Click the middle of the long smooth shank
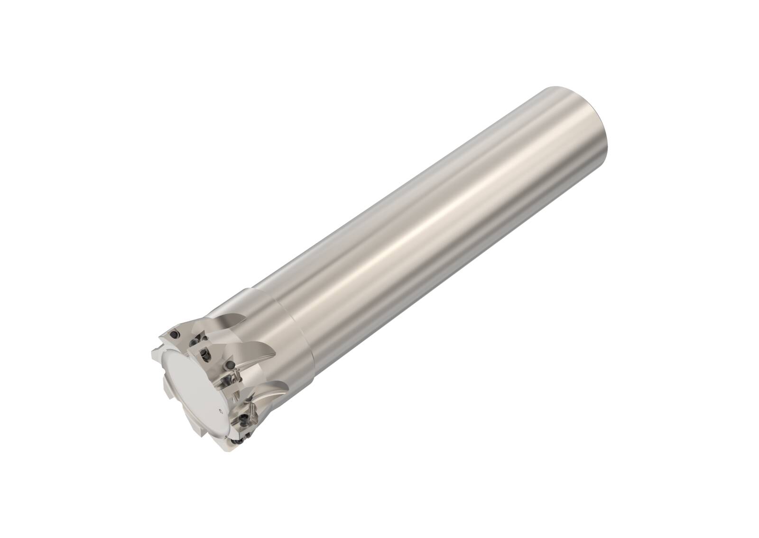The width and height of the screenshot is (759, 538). click(427, 223)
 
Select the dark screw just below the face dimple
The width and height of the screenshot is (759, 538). click(244, 419)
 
